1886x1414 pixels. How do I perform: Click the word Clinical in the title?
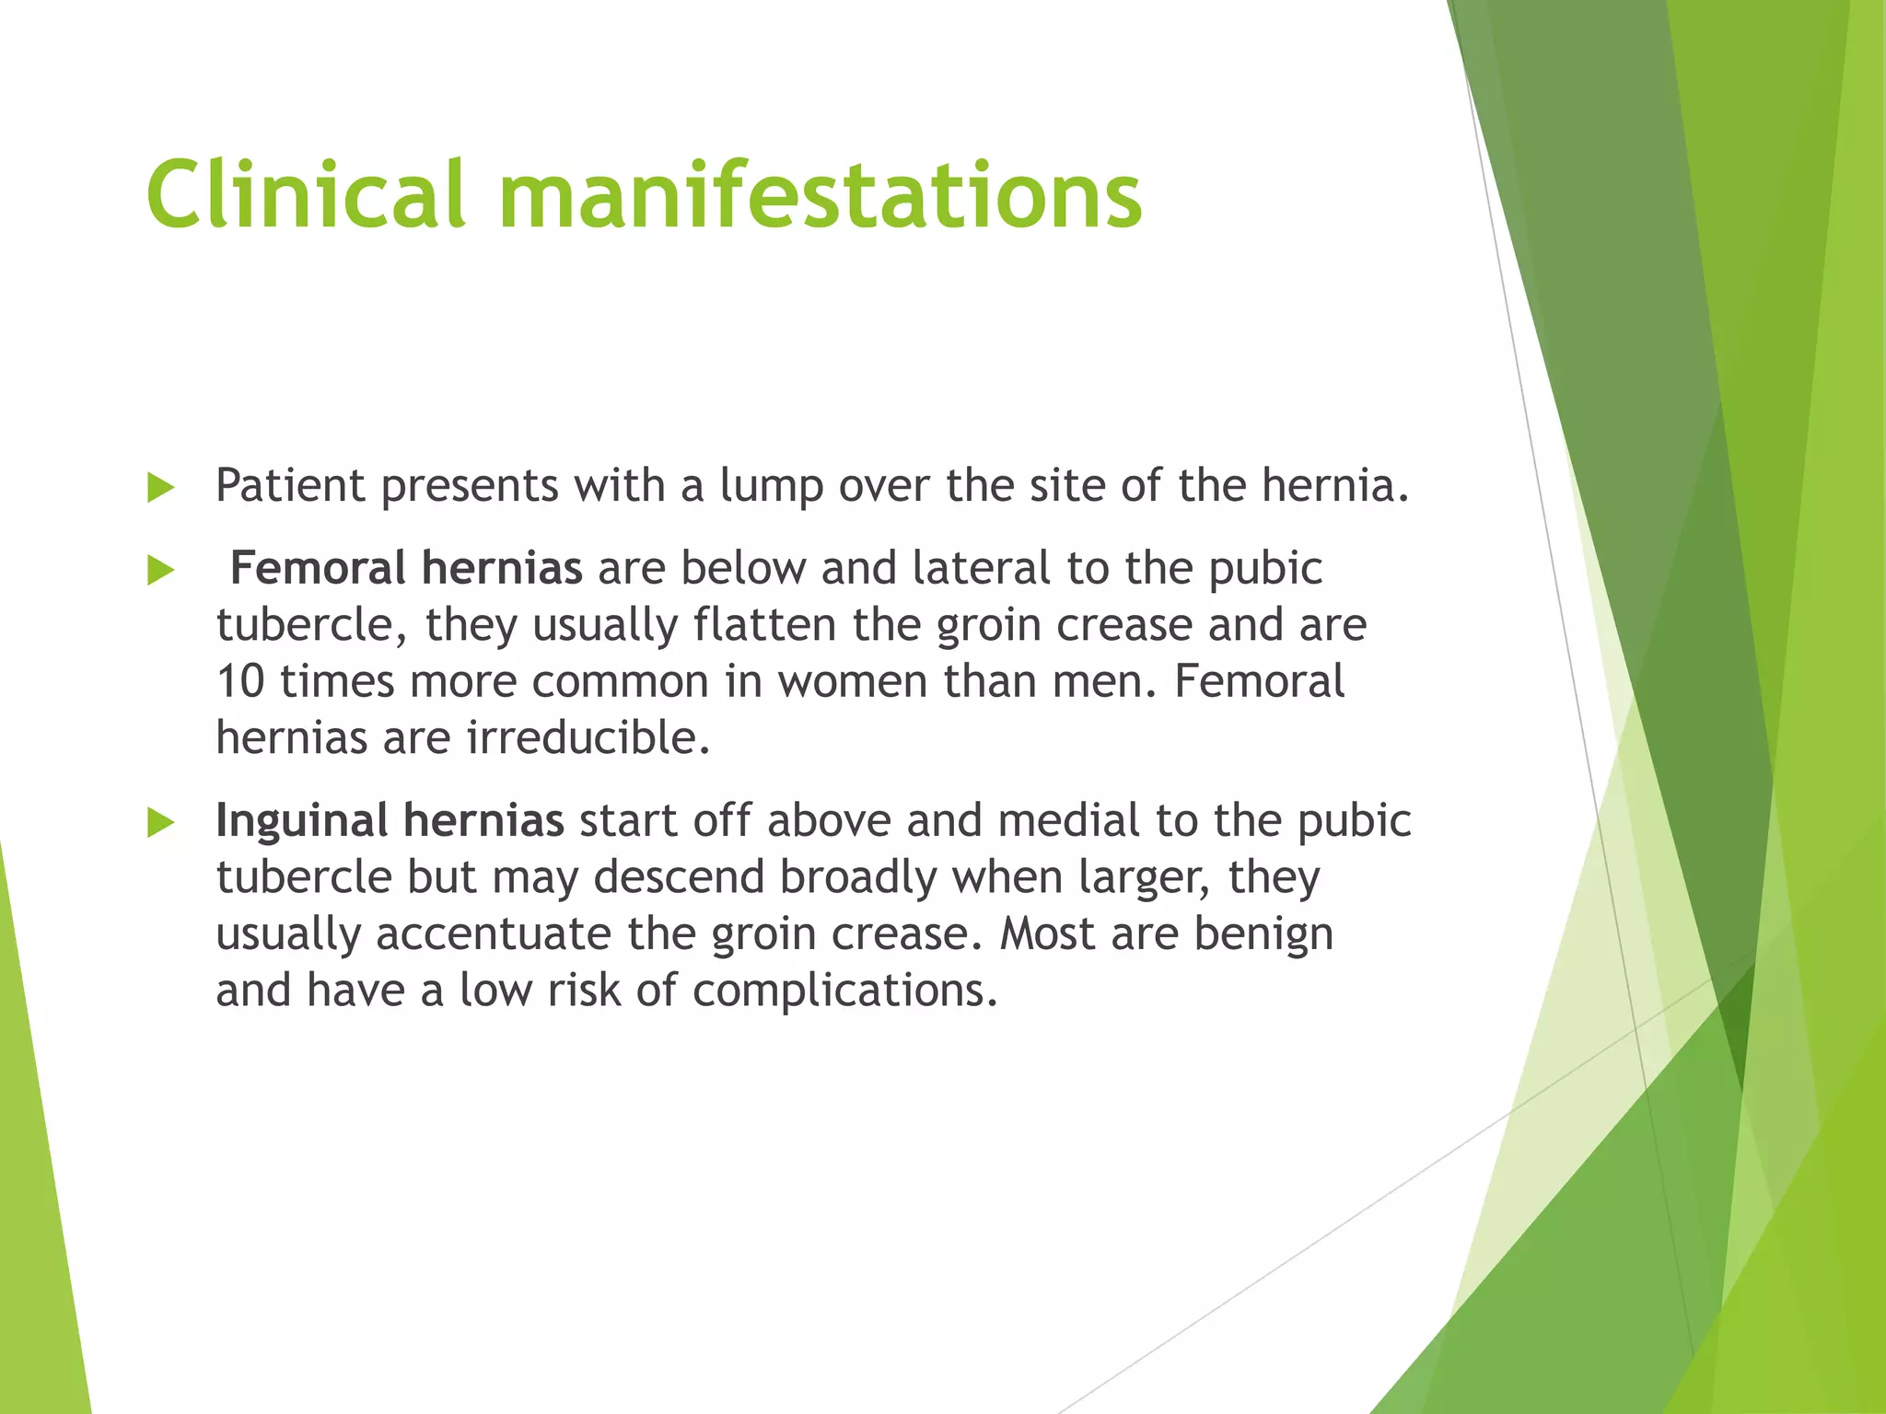305,194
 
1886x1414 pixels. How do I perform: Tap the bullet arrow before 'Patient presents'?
160,488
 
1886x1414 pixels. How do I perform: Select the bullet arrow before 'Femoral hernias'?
160,571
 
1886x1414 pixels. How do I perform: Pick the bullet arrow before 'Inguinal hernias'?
160,822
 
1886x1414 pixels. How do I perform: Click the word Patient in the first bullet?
290,485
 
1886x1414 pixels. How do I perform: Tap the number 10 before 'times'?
240,682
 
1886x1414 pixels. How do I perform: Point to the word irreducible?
588,737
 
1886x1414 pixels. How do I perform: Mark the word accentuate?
494,933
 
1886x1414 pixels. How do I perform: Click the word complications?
844,991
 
